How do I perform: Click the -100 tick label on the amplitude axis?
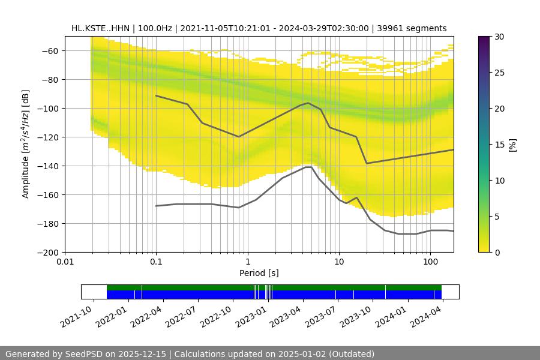[50, 109]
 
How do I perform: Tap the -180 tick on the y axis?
[50, 224]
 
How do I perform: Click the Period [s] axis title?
[259, 274]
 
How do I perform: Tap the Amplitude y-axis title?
[25, 144]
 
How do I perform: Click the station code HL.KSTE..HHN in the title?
[100, 28]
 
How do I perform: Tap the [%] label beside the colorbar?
[512, 144]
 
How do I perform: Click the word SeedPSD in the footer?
[84, 354]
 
